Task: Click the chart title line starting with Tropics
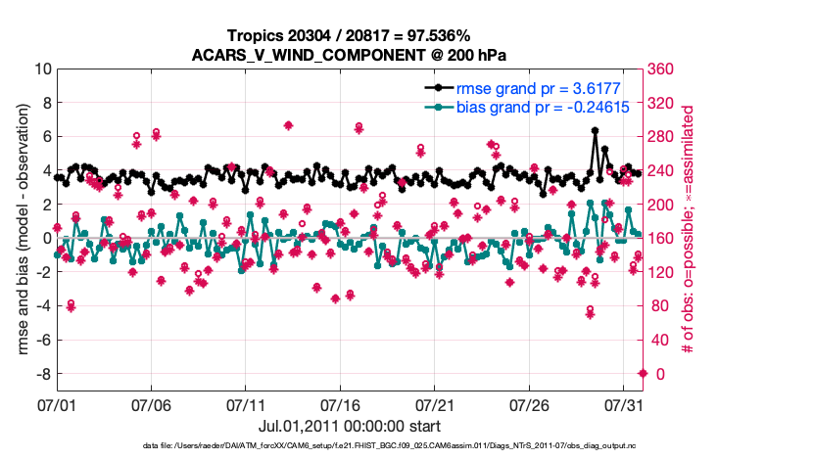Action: (349, 35)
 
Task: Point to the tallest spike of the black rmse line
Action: (595, 130)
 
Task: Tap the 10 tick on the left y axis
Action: (43, 69)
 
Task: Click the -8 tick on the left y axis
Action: (43, 374)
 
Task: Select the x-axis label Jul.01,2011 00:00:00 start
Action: (349, 426)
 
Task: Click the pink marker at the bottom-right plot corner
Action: (643, 373)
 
